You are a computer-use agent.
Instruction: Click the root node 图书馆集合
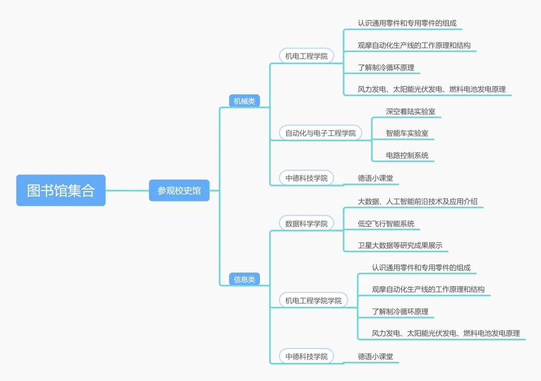click(61, 190)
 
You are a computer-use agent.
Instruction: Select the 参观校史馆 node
click(179, 190)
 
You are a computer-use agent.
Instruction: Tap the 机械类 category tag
click(244, 101)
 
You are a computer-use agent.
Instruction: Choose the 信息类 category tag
click(244, 279)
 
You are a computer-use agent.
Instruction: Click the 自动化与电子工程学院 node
click(321, 133)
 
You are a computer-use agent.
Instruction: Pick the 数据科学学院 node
click(306, 224)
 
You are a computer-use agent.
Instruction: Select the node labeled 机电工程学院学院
click(313, 301)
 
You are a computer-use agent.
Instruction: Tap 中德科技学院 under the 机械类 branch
click(306, 178)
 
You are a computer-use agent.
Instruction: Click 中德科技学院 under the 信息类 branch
click(306, 356)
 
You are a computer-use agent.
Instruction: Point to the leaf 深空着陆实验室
click(407, 111)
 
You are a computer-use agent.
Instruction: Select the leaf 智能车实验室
click(407, 133)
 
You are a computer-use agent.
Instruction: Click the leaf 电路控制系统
click(407, 155)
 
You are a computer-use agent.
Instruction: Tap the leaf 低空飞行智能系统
click(386, 224)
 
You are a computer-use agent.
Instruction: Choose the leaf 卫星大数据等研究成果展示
click(400, 246)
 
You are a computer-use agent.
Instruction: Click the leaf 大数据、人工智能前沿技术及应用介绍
click(417, 202)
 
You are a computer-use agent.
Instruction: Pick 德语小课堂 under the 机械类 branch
click(375, 178)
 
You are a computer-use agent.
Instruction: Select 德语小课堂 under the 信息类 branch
click(375, 356)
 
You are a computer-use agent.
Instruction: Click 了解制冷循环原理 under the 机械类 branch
click(386, 68)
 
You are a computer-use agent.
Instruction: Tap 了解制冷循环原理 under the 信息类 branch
click(400, 311)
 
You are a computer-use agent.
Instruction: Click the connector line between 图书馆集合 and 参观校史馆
click(127, 190)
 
